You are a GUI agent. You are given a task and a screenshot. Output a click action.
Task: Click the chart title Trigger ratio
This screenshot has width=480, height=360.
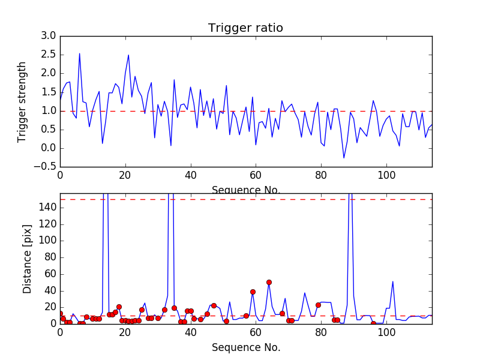point(245,28)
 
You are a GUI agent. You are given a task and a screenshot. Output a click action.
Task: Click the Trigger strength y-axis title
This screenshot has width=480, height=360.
point(22,101)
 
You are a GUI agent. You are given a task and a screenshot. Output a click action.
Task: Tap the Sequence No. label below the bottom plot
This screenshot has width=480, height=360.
point(245,347)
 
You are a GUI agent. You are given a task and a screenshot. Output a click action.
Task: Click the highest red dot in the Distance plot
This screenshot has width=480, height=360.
point(269,282)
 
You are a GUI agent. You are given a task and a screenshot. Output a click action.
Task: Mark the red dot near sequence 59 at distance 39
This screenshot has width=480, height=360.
point(253,292)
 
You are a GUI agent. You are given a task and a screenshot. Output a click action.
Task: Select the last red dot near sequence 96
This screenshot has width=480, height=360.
point(373,323)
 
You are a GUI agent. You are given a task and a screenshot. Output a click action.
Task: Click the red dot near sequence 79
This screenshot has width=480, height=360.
point(318,305)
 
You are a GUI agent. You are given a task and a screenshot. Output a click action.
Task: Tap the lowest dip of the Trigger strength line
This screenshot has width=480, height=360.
point(344,158)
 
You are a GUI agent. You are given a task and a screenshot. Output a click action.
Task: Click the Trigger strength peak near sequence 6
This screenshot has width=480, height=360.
point(79,53)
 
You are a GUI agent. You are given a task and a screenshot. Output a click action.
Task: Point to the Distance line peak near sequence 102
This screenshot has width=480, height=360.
point(393,281)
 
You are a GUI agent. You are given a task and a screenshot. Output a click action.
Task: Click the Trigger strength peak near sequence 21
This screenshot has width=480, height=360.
point(128,55)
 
